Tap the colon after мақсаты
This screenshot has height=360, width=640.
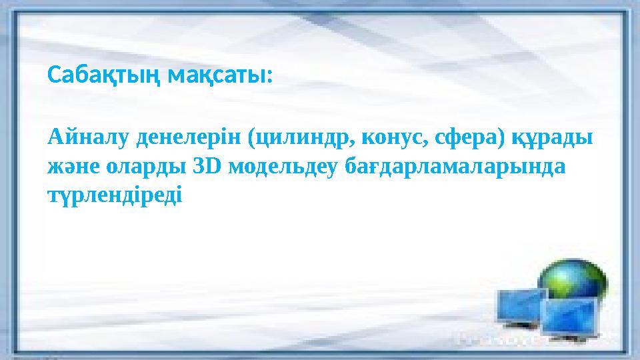pos(269,77)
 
